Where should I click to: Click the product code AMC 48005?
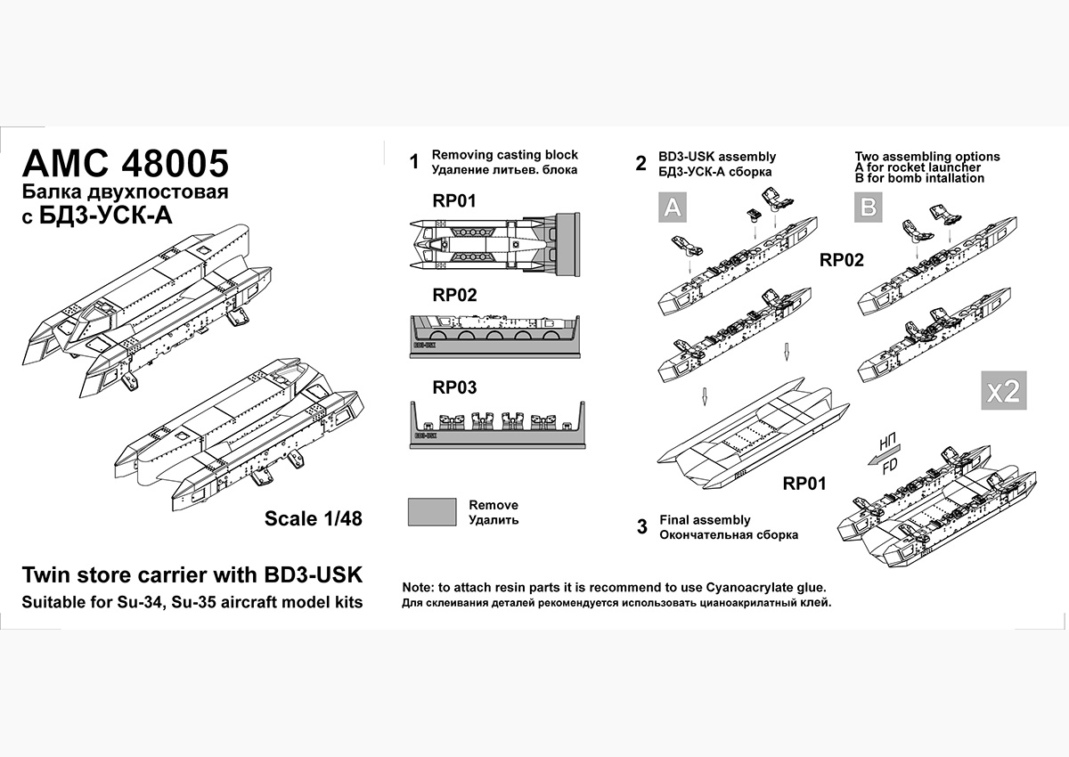[x=125, y=164]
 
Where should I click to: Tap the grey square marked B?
[x=869, y=208]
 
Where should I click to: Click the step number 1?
[x=413, y=162]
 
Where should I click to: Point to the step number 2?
[x=641, y=164]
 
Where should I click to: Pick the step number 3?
[x=642, y=526]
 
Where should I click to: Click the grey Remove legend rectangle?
[x=432, y=512]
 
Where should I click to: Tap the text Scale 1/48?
[x=314, y=518]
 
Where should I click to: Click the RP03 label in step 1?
[x=454, y=387]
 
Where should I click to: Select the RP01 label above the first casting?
[x=454, y=201]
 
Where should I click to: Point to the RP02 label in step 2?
[x=842, y=261]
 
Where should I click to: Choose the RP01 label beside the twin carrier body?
[x=804, y=484]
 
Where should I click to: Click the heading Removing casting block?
[x=505, y=155]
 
